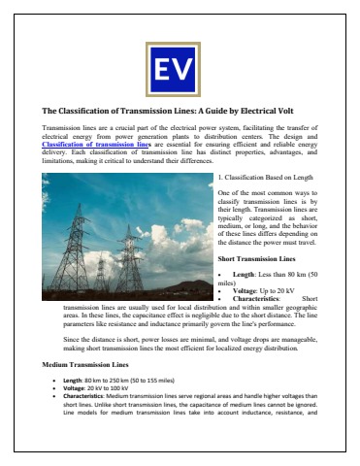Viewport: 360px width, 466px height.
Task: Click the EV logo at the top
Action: click(x=179, y=69)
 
